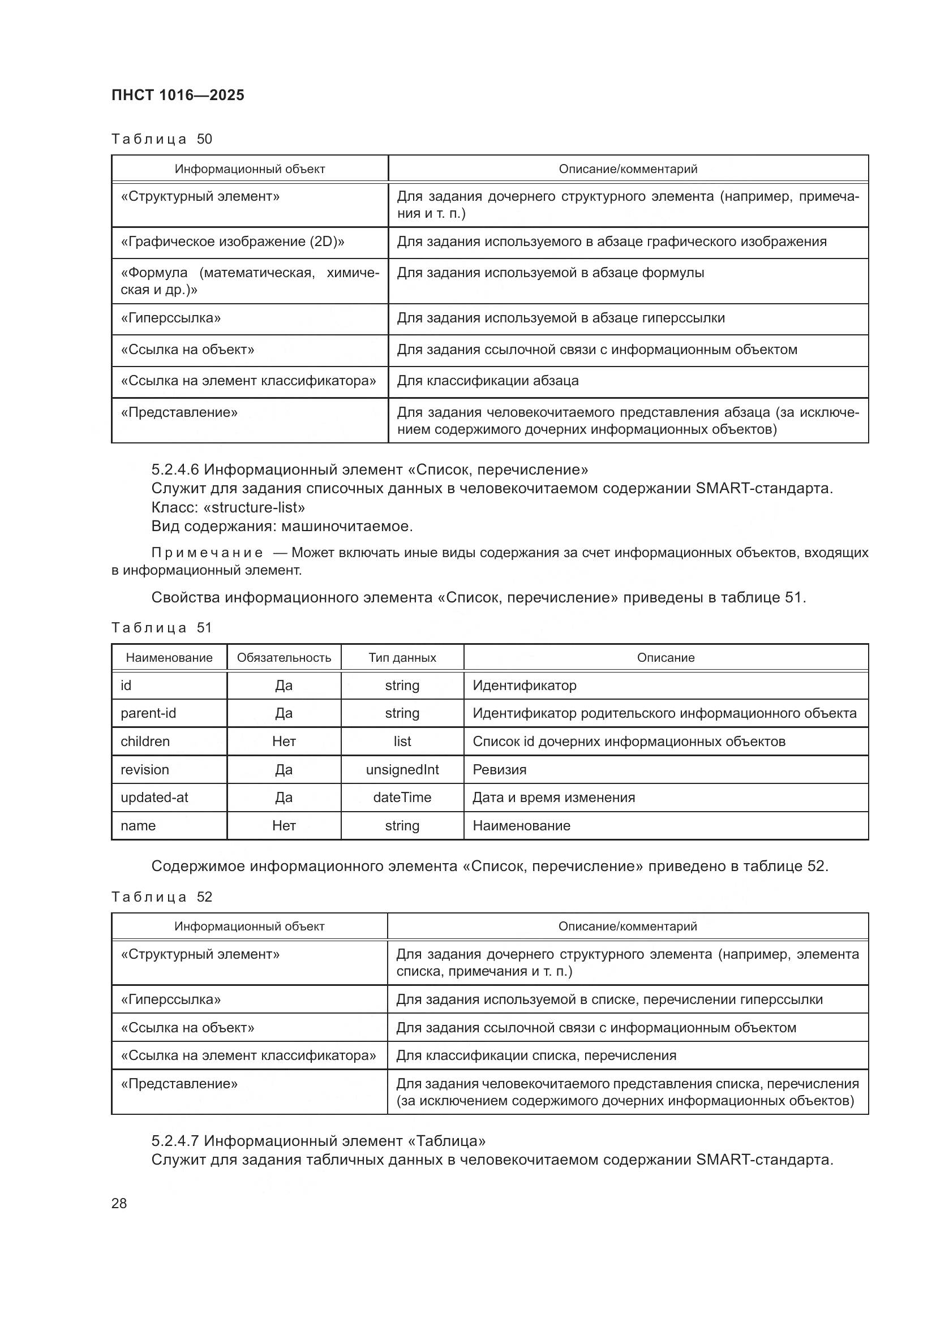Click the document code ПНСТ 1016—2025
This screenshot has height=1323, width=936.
click(x=178, y=95)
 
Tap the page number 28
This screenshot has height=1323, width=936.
click(x=119, y=1203)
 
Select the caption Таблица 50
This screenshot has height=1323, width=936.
click(x=162, y=139)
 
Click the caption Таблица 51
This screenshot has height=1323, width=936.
click(x=162, y=627)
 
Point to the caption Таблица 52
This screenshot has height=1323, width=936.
click(x=162, y=897)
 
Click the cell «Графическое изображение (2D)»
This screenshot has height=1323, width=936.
click(x=232, y=242)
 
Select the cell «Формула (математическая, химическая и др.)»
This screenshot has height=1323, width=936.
click(x=250, y=281)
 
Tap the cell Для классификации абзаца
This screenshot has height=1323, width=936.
click(x=488, y=381)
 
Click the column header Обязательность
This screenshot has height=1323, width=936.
click(x=284, y=657)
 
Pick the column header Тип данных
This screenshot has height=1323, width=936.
click(x=402, y=657)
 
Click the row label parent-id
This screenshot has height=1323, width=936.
click(x=148, y=713)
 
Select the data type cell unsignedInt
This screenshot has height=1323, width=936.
click(x=402, y=770)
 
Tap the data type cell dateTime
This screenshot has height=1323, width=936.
click(x=402, y=798)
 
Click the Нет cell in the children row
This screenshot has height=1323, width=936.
click(x=284, y=742)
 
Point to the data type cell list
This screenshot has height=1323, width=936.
click(x=402, y=742)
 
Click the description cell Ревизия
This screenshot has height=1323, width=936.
click(x=499, y=770)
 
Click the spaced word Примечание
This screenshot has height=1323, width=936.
click(x=207, y=553)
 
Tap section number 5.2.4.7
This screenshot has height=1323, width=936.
click(x=175, y=1140)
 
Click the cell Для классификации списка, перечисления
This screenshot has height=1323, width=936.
click(x=536, y=1055)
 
